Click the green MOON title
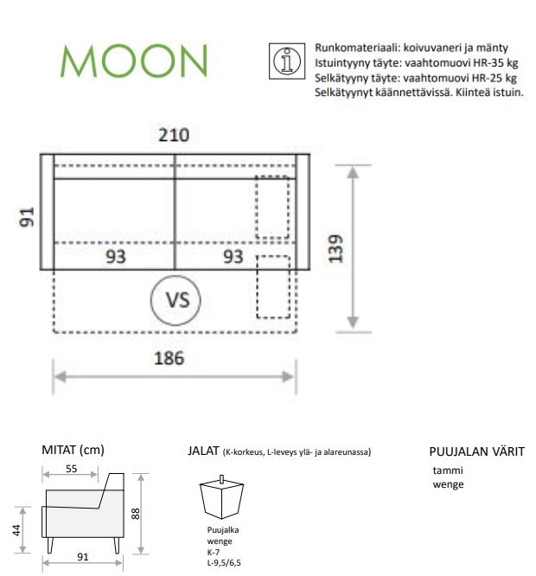(134, 61)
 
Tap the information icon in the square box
(287, 61)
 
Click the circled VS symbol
(175, 300)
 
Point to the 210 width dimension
(174, 135)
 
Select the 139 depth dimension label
(336, 249)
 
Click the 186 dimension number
(169, 359)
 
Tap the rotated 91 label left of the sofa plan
(27, 217)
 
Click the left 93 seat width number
(116, 257)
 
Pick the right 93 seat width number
(233, 257)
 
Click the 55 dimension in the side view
(71, 469)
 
